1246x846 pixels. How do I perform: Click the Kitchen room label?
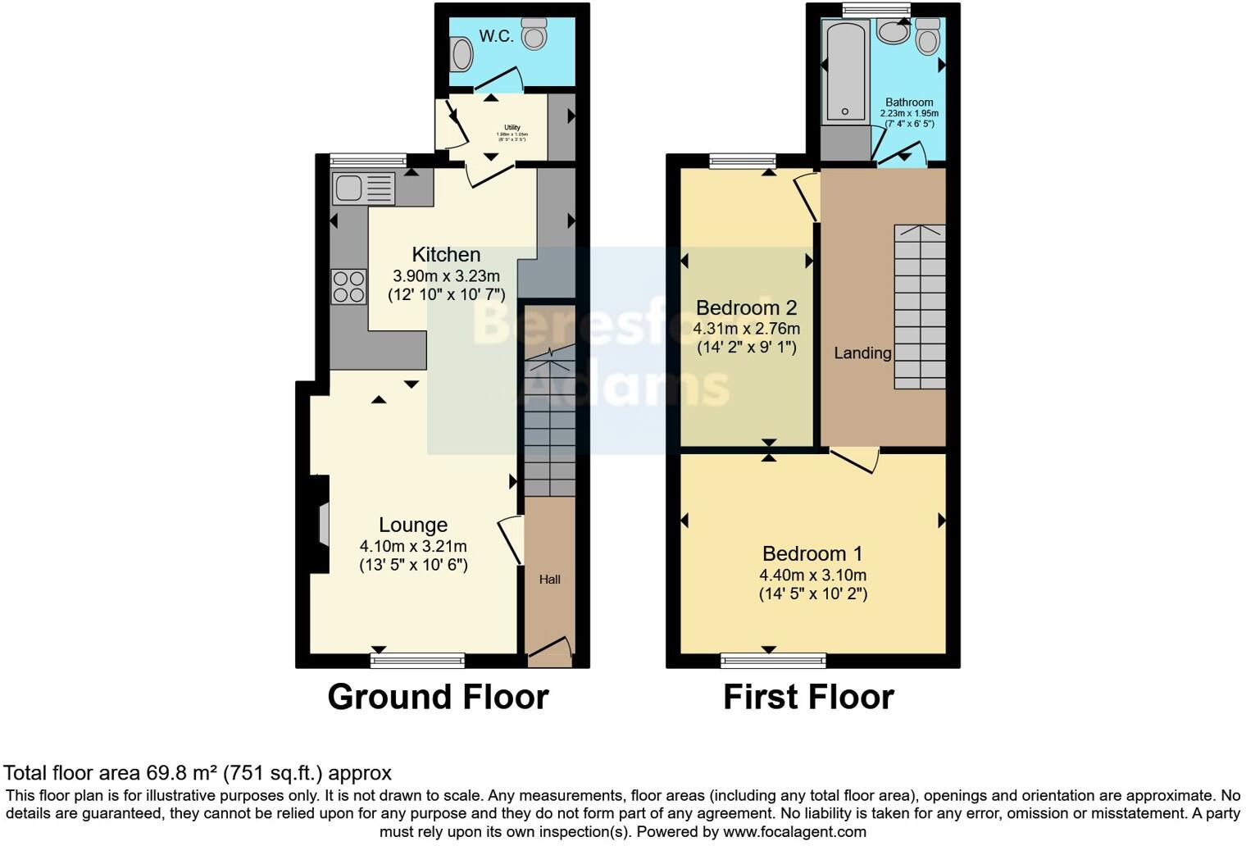(446, 255)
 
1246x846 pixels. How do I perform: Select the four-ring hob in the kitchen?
(348, 287)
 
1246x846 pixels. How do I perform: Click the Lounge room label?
(413, 525)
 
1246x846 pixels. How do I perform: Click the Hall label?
(549, 580)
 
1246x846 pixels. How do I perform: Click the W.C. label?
(496, 36)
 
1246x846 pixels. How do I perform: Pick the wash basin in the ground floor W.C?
(462, 55)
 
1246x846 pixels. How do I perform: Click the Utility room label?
(512, 128)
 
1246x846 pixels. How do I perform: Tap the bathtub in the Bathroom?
(844, 72)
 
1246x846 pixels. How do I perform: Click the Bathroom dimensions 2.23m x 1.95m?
(909, 114)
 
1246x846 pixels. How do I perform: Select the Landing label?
(862, 353)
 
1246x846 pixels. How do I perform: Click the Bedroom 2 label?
(746, 308)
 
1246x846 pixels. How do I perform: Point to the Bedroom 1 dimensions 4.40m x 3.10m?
(812, 575)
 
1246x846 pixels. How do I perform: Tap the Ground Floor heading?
(438, 697)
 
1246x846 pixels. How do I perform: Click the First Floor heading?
(808, 697)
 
